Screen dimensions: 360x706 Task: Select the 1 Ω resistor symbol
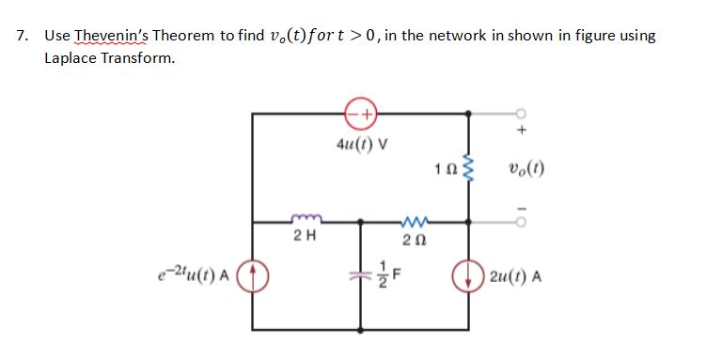coord(470,168)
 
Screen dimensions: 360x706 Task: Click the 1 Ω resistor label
coord(446,170)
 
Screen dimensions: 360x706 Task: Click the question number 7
coord(22,36)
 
